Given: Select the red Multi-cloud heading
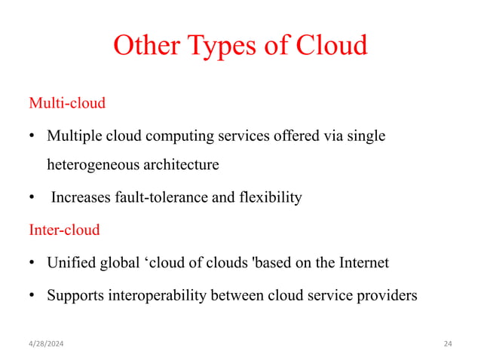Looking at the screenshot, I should point(67,102).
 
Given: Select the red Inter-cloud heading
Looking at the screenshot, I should point(64,230).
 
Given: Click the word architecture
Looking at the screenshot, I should point(184,165).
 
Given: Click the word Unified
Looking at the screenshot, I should point(71,263).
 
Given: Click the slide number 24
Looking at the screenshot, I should point(448,344).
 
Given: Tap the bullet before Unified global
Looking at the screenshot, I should point(32,263).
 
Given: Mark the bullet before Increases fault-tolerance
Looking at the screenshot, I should point(32,198).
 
